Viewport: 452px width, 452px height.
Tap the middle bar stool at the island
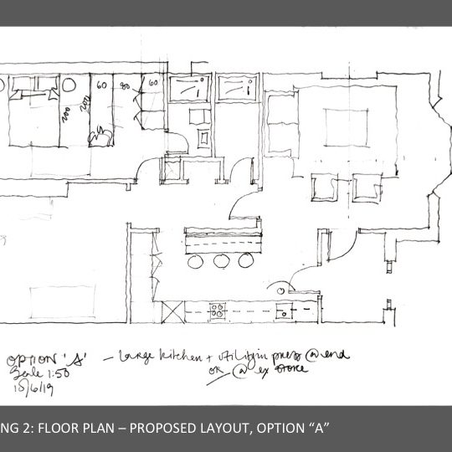coord(221,261)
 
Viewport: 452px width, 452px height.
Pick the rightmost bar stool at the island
coord(246,261)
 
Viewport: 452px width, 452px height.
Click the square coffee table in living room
coord(336,127)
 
